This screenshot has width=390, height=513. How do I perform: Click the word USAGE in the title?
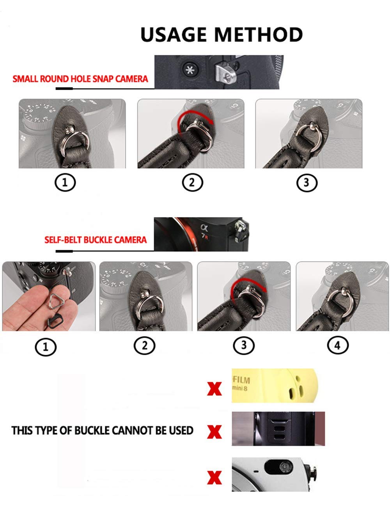coord(174,35)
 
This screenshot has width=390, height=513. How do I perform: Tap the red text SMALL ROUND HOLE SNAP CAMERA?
coord(80,79)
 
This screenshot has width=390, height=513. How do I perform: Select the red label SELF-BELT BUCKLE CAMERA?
coord(96,240)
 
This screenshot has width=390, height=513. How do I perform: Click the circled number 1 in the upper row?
coord(65,182)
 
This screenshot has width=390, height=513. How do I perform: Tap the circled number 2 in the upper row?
coord(192,182)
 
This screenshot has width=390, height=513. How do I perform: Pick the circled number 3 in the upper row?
coord(307,182)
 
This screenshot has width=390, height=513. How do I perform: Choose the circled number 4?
coord(338,345)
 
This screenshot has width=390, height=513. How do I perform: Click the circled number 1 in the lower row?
coord(45,347)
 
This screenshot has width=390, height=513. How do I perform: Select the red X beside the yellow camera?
coord(214,389)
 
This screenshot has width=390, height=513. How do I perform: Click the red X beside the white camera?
coord(214,477)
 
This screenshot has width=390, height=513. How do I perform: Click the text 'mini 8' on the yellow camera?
coord(239,389)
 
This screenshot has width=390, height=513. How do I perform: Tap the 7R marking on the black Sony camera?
coord(205,236)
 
